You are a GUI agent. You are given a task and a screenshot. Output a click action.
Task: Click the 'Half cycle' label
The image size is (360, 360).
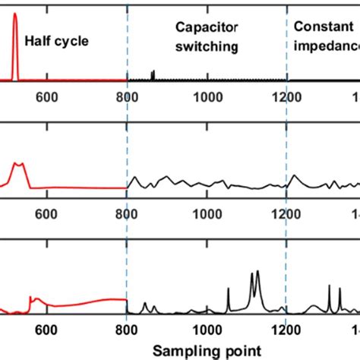click(x=57, y=40)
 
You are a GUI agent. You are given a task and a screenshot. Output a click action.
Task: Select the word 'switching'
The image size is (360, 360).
click(x=207, y=46)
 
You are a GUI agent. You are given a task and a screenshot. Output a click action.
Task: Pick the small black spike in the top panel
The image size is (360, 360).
click(x=153, y=74)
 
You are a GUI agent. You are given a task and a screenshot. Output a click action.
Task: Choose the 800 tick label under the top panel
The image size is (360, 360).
click(x=127, y=96)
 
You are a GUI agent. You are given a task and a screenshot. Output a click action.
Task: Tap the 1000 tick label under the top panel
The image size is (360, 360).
click(x=207, y=96)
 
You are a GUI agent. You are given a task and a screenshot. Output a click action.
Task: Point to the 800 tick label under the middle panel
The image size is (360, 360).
click(x=127, y=214)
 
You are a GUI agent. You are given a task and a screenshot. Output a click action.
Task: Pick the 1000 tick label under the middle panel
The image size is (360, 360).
click(x=207, y=214)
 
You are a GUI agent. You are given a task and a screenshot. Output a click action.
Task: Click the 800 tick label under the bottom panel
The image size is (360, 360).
click(x=127, y=330)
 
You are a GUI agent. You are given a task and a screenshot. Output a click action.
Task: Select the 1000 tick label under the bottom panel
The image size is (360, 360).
click(x=207, y=330)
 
